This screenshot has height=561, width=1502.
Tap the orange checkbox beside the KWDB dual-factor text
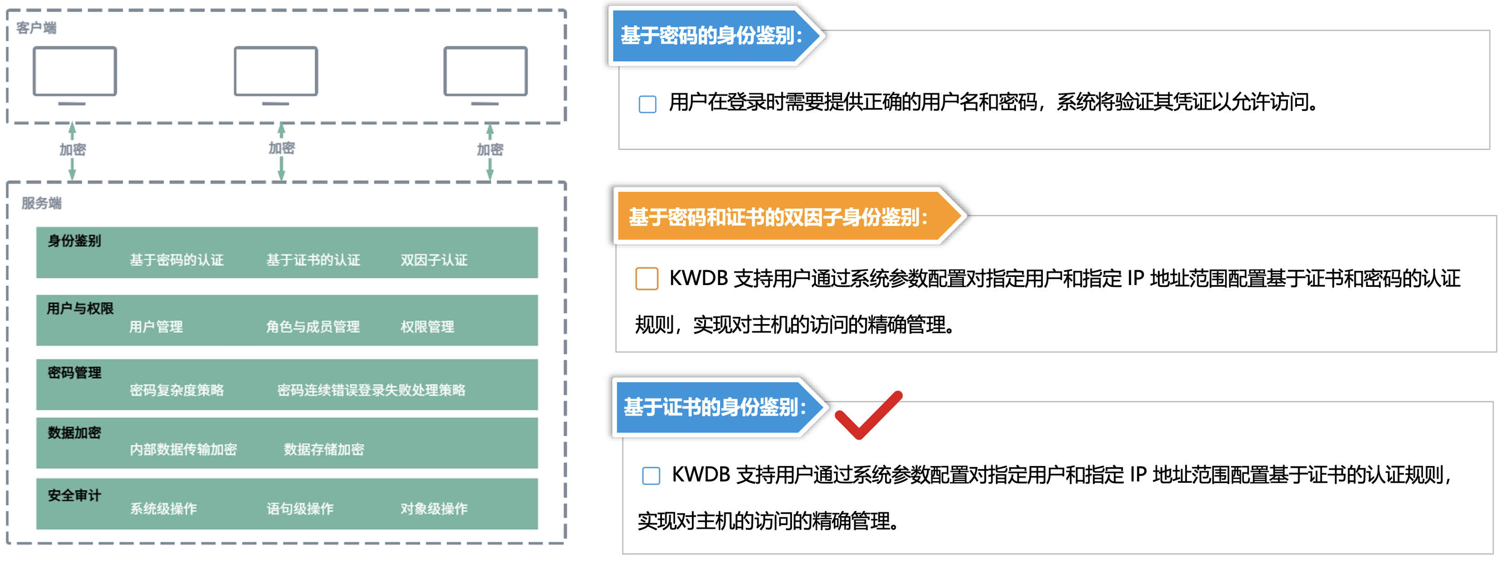[x=646, y=278]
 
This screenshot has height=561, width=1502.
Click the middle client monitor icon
[x=276, y=76]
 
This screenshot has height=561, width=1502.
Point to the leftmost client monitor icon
[x=75, y=76]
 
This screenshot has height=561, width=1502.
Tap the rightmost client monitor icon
[x=485, y=76]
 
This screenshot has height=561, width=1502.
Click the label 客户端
[x=36, y=27]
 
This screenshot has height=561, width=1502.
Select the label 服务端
[x=41, y=203]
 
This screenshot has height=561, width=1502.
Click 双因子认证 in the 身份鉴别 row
[x=434, y=260]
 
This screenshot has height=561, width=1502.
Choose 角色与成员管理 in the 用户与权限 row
[x=313, y=326]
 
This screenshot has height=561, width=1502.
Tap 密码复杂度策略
[x=177, y=390]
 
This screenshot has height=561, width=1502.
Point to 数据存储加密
[x=324, y=449]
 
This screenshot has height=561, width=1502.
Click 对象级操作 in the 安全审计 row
[x=434, y=509]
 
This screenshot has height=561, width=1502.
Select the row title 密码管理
[x=74, y=373]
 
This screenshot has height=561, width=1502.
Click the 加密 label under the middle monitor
[x=282, y=148]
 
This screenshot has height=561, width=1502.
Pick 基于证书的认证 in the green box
[x=313, y=260]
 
